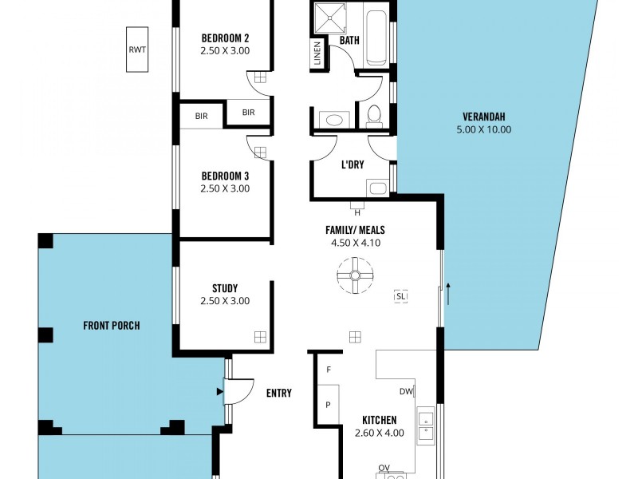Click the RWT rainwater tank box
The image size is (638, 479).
coord(138,49)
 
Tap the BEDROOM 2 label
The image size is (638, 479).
coord(225,38)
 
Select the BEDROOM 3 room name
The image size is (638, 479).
coord(225,176)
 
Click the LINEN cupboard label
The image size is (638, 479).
coord(317,54)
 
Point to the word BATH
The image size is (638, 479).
coord(349,40)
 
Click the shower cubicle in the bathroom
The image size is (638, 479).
coord(325,18)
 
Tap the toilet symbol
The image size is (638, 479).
coord(373,117)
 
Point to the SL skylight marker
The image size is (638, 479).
coord(400,296)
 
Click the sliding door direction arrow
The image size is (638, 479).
coord(448,293)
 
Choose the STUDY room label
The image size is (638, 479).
coord(225,288)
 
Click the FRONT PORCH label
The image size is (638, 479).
coord(112,325)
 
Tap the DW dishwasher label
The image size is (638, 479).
coord(406,391)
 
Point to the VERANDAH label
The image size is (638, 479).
coord(483,116)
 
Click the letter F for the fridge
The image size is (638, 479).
coord(328,370)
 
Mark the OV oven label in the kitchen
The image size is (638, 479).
coord(384,469)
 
